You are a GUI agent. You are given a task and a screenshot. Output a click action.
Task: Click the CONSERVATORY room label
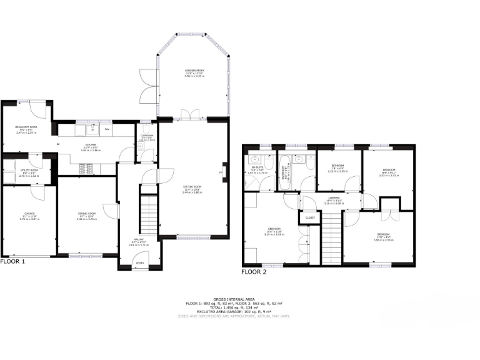point(194,71)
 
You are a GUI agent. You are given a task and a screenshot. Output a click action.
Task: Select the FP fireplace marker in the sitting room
point(221,173)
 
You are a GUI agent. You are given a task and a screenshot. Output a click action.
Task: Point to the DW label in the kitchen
point(107,129)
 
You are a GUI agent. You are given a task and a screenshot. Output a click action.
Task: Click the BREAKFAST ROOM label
point(26,128)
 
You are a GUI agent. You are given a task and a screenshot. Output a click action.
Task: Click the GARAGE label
point(29,214)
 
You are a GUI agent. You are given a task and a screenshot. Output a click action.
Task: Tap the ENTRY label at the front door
point(140,263)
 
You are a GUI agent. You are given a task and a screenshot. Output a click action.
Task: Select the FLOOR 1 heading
point(12,262)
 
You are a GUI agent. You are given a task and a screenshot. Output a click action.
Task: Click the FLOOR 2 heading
point(254,272)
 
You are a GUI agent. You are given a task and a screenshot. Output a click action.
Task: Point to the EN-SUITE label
point(256,167)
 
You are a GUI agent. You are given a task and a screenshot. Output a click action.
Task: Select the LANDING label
point(335,201)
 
